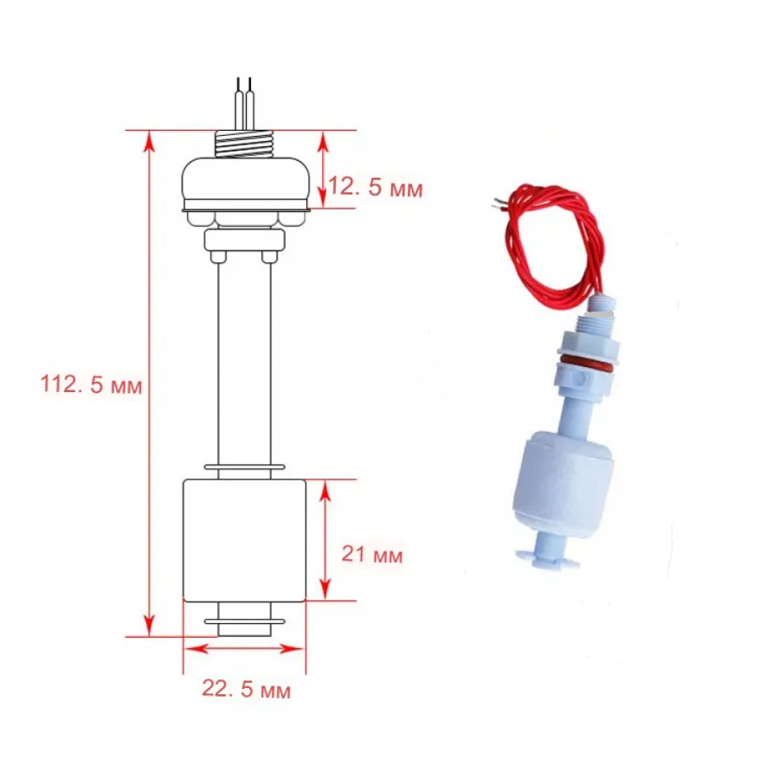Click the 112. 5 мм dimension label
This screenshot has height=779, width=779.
(x=92, y=384)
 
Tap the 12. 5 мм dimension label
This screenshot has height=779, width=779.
(x=376, y=188)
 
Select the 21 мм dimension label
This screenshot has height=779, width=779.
(x=372, y=555)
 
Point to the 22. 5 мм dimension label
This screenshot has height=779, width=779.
(x=247, y=690)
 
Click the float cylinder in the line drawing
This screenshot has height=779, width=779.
(x=244, y=540)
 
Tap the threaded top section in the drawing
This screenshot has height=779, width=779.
(x=244, y=144)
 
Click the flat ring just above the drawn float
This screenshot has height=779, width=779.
(x=244, y=467)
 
